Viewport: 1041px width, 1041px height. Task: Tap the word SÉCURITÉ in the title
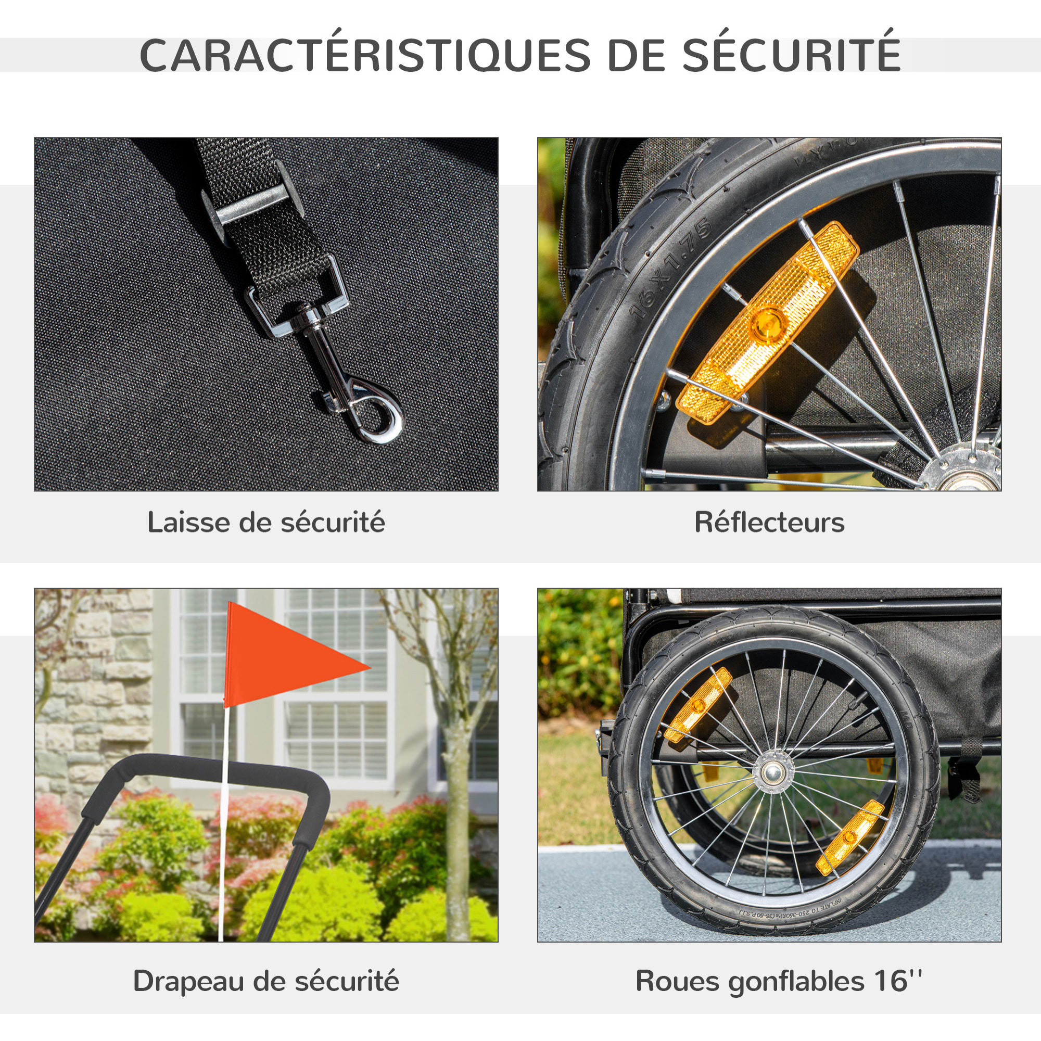tap(792, 55)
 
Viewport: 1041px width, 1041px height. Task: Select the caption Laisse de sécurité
tap(266, 523)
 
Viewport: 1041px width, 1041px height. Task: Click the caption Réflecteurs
tap(769, 523)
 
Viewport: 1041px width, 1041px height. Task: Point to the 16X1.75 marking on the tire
tap(671, 270)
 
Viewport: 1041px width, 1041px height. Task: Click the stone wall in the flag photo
tap(92, 701)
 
